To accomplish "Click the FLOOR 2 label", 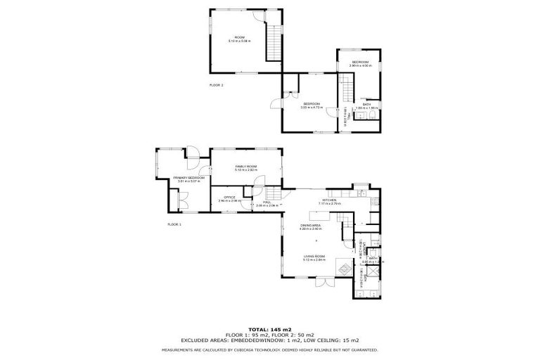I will tap(216, 84).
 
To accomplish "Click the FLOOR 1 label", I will tap(174, 224).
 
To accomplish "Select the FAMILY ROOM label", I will tap(246, 167).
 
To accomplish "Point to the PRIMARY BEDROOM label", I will tap(188, 179).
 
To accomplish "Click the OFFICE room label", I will tap(229, 198).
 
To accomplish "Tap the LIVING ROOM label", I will tap(314, 257).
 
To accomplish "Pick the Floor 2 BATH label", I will tap(366, 105).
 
